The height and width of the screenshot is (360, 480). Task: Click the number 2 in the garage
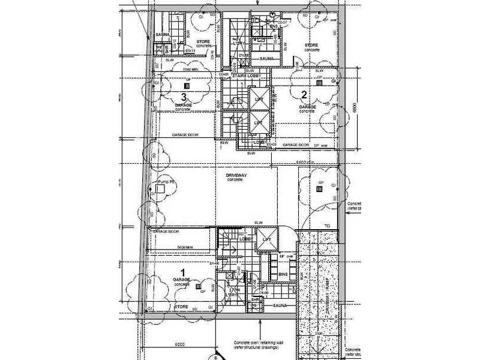pos(304,94)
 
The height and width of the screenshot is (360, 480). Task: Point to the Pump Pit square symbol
pos(160,188)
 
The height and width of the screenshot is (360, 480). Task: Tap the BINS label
pos(284,274)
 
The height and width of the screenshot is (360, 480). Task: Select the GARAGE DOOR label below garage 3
pos(185,135)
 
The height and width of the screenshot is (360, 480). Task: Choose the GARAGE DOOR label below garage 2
pos(296,145)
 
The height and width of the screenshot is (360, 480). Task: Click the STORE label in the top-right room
pos(311,44)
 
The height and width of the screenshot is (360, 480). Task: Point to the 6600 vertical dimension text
pos(356,109)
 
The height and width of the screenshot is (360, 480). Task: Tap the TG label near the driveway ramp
pos(327,226)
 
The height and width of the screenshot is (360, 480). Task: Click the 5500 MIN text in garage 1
pos(180,248)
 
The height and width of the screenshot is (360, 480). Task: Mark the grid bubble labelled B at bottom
pos(215,356)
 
